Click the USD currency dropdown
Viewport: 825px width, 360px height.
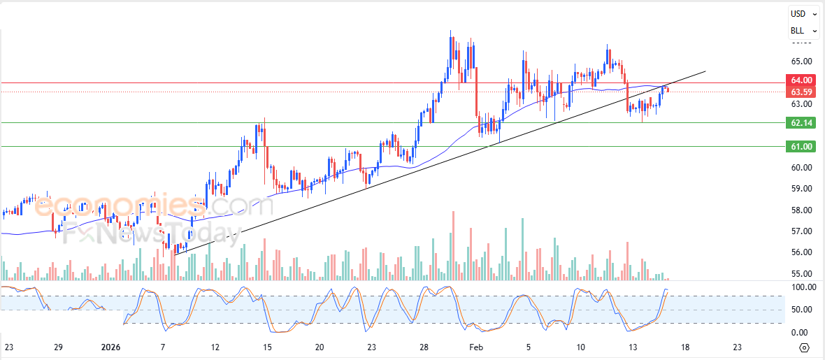(803, 13)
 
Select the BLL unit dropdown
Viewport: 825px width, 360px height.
(803, 31)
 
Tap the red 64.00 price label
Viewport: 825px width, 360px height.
(801, 81)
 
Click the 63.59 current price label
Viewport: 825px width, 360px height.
(801, 92)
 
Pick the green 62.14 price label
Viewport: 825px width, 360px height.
(801, 123)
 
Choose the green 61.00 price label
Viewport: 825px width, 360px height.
(801, 147)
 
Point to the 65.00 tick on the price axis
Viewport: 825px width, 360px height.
(801, 62)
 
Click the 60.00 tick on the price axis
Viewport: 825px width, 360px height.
(801, 168)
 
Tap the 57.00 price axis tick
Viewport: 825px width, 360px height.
(801, 231)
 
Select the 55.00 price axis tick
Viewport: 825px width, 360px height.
(801, 274)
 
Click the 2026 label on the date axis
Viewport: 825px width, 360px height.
(111, 347)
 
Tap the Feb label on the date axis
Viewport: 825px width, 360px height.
(476, 347)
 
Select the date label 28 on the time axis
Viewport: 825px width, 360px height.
(424, 347)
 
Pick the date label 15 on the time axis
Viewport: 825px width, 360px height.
(266, 347)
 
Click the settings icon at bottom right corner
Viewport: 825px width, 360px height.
(804, 347)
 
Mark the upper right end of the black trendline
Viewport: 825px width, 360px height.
(705, 71)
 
